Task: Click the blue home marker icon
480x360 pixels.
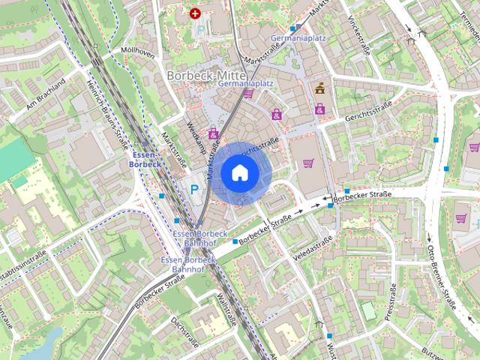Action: tap(239, 173)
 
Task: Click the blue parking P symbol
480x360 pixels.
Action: tap(194, 190)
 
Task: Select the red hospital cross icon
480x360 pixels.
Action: tap(196, 13)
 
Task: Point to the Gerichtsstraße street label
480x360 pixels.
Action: tap(370, 112)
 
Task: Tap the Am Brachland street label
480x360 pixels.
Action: tap(46, 93)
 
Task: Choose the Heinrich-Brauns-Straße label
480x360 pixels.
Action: tap(105, 105)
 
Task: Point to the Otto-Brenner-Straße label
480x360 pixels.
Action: tap(442, 277)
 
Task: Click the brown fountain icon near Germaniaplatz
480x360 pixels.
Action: tap(322, 88)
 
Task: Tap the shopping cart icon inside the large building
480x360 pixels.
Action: tap(308, 162)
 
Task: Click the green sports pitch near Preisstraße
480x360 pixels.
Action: tap(367, 310)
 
